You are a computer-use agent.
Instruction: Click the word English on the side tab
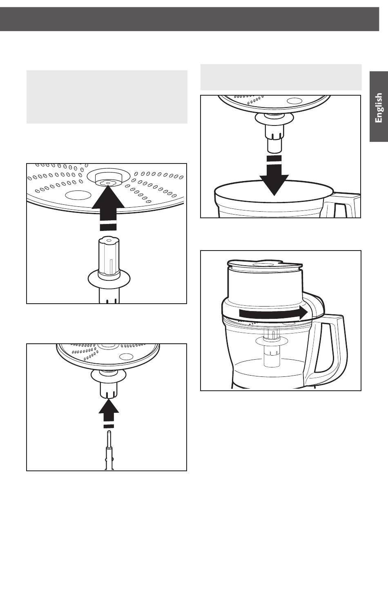379,107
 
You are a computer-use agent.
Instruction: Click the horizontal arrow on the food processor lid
273,313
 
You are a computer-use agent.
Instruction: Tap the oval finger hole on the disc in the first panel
78,195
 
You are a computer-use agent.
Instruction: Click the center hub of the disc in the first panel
108,178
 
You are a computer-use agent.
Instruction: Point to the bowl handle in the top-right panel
342,205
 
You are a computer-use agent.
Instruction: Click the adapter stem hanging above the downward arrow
274,132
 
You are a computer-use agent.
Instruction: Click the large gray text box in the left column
107,97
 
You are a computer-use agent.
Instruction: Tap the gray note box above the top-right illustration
281,77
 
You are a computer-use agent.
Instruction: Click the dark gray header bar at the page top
190,19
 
